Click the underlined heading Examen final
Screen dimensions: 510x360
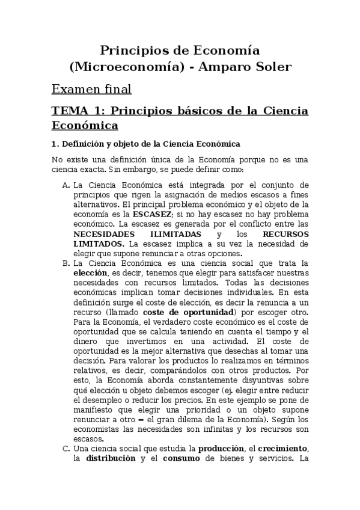tap(91, 90)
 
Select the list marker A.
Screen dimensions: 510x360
tap(66, 184)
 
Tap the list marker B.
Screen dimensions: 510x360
tap(66, 263)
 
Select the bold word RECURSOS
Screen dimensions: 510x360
tap(285, 233)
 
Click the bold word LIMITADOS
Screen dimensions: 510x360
tap(99, 244)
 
